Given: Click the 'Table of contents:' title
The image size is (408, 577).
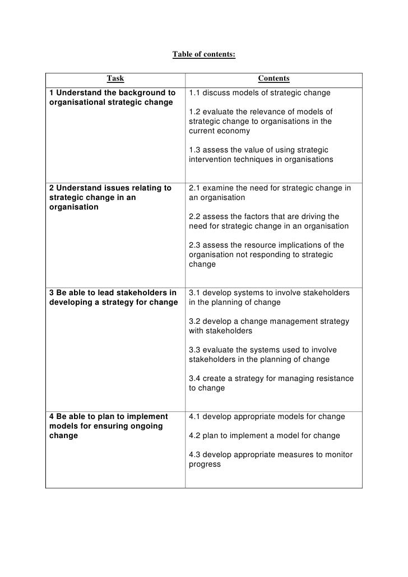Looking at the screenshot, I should tap(204, 55).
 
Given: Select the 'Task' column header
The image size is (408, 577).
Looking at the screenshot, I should tap(115, 79).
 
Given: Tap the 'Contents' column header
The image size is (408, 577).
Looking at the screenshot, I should tap(273, 79).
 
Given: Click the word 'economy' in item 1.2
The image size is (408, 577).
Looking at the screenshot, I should tap(235, 131).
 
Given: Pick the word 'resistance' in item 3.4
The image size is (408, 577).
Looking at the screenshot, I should tap(335, 379).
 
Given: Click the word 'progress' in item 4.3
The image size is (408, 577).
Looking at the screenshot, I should tap(205, 464).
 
